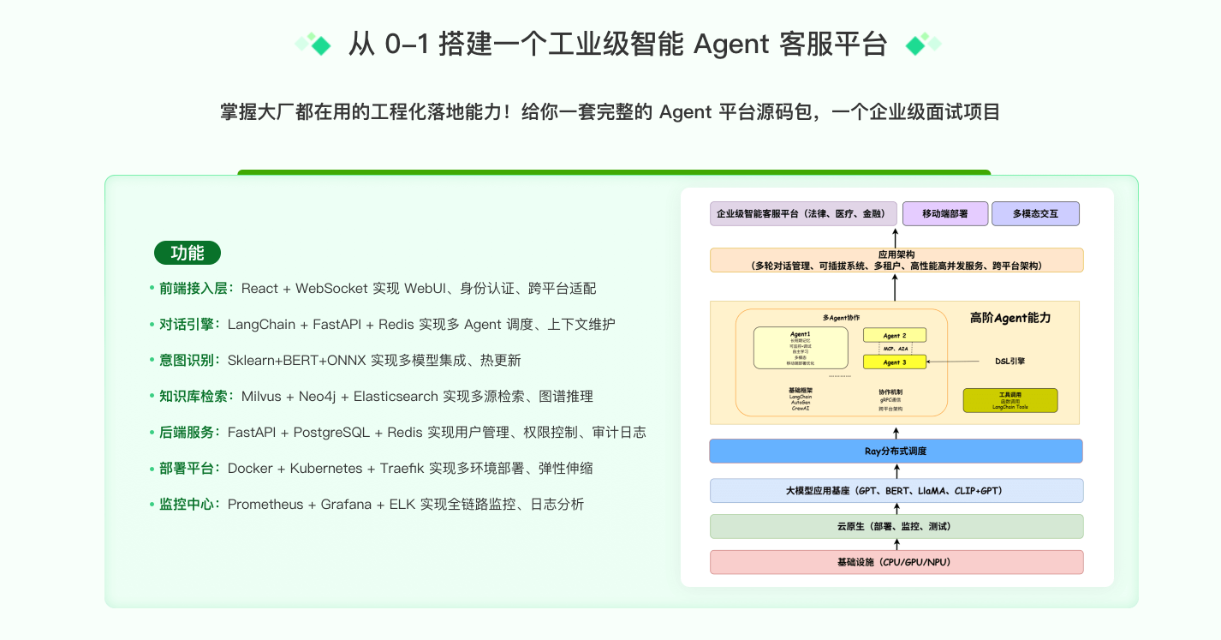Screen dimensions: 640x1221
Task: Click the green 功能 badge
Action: point(188,253)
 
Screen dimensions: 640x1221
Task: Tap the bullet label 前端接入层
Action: point(194,289)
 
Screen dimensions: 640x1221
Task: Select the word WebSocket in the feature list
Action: point(334,289)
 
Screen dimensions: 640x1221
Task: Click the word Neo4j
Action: point(318,397)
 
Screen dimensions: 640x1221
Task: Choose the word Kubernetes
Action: point(326,469)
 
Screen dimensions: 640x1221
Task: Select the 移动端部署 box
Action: point(945,213)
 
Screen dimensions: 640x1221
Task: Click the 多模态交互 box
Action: point(1035,213)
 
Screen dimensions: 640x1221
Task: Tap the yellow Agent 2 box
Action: point(895,335)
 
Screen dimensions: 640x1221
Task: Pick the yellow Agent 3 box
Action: point(895,362)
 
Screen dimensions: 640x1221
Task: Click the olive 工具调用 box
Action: point(1010,401)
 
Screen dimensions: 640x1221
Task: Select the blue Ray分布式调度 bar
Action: point(896,451)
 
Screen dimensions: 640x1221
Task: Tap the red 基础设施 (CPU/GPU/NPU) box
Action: point(896,562)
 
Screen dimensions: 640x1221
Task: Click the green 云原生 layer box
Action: point(896,526)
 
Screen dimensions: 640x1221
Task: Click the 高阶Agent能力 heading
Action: point(1010,318)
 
